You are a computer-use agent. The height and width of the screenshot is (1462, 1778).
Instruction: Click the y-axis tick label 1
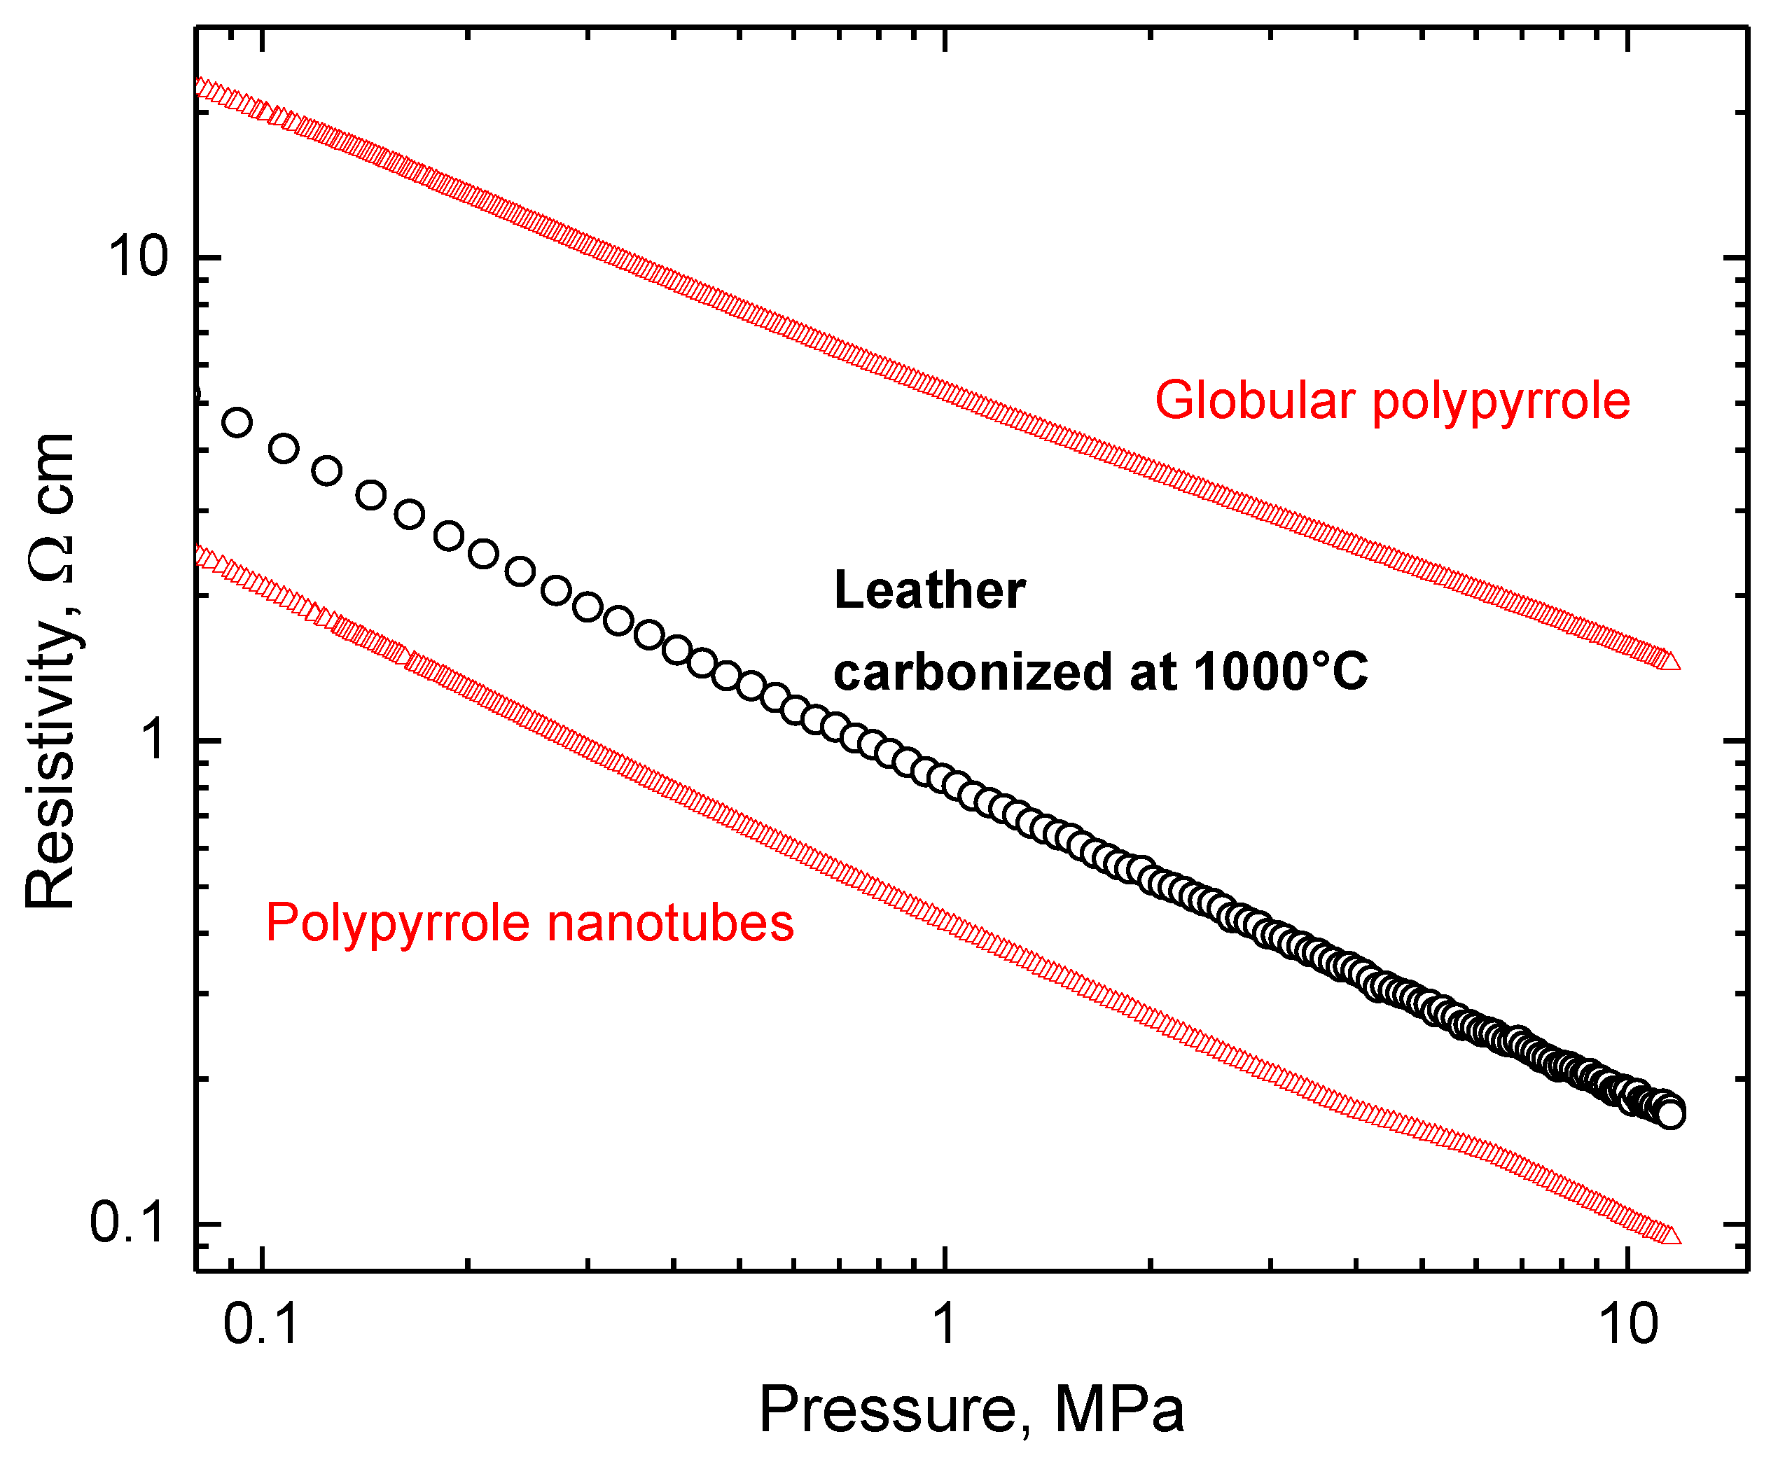[153, 740]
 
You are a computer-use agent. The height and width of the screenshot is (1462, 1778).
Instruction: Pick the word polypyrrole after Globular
[1501, 401]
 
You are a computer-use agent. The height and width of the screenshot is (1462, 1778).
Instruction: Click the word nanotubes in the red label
[670, 922]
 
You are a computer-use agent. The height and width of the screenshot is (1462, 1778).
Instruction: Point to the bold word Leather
[929, 590]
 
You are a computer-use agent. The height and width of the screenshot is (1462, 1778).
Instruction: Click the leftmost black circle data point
[238, 422]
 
